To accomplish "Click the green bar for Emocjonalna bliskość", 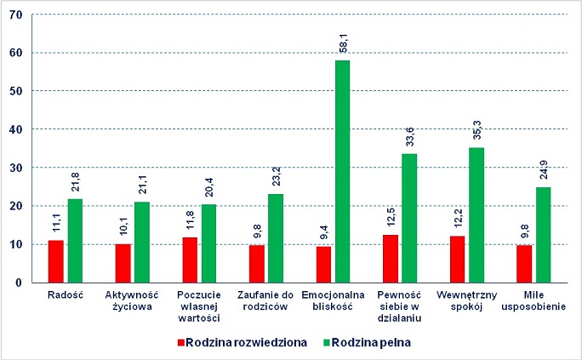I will [343, 171].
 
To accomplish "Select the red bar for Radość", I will [56, 261].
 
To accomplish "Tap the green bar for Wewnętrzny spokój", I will [476, 215].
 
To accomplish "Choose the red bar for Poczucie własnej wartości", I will [190, 260].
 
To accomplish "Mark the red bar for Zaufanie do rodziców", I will [256, 264].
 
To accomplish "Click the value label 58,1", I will [343, 44].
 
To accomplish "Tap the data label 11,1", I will [56, 225].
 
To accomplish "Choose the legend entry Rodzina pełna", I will [370, 343].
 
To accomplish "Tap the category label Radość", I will [66, 295].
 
